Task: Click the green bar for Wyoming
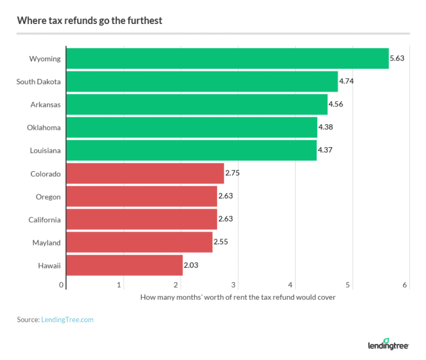[227, 58]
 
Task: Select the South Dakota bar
[202, 81]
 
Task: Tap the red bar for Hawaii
[124, 266]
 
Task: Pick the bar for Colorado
[145, 173]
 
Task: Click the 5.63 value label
[397, 58]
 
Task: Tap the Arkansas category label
[46, 105]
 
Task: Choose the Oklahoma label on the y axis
[45, 128]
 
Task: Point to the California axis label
[45, 220]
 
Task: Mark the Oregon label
[49, 197]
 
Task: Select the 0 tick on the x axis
[62, 285]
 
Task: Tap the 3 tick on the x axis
[234, 285]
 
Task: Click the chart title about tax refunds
[90, 21]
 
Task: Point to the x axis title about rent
[237, 298]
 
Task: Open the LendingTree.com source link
[67, 320]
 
